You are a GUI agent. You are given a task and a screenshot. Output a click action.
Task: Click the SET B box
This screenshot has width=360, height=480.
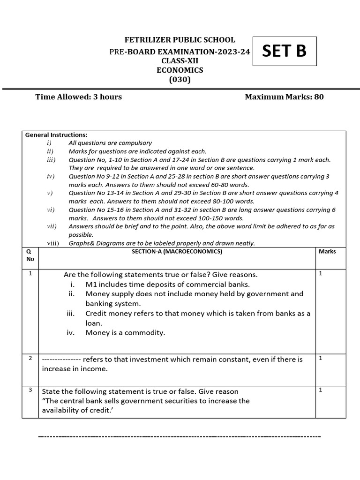(x=284, y=52)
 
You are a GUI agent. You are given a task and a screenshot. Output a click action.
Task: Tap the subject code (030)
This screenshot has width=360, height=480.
(x=180, y=80)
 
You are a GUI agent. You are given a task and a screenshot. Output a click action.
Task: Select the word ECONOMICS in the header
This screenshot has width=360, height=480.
(x=180, y=70)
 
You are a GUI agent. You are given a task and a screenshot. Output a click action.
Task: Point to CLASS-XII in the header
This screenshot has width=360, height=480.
(x=180, y=61)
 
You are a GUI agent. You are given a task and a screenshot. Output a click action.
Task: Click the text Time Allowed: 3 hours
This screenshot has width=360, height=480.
(x=79, y=97)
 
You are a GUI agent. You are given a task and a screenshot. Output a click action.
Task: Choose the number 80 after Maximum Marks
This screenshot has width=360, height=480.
(x=319, y=97)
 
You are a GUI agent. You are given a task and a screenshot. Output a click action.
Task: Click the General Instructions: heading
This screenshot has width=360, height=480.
(x=56, y=135)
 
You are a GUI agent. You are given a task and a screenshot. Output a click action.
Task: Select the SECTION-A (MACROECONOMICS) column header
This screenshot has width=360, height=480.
(x=177, y=252)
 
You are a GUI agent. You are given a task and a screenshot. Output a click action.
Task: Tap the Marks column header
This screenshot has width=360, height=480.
(x=327, y=252)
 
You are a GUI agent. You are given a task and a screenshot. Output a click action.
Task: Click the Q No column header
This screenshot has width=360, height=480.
(x=30, y=255)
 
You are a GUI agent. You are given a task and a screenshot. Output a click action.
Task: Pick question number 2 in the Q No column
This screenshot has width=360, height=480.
(x=30, y=358)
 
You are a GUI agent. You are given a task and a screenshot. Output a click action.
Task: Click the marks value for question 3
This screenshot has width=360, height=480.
(x=321, y=390)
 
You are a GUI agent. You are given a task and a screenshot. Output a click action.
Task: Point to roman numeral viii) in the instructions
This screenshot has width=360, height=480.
(x=53, y=243)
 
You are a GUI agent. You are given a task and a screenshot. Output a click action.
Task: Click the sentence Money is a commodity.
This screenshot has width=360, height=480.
(x=125, y=333)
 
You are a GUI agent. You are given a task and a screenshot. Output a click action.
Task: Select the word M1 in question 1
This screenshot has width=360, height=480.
(x=91, y=285)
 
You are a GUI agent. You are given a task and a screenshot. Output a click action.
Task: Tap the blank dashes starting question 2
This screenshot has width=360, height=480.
(x=61, y=360)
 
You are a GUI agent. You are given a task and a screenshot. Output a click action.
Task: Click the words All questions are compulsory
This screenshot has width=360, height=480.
(x=110, y=143)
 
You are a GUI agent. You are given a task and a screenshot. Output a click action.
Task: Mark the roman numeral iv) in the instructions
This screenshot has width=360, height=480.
(x=51, y=177)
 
